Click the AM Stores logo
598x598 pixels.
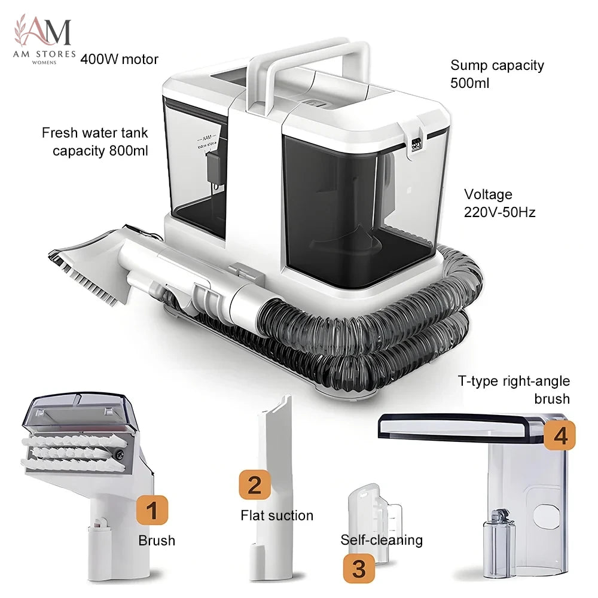(x=44, y=39)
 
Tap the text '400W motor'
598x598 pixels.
(x=119, y=59)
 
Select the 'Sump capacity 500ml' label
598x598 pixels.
(x=497, y=74)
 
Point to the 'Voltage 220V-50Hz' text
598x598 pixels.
(x=499, y=203)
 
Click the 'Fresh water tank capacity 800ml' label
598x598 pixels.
(x=94, y=142)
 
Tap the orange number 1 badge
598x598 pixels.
(x=152, y=510)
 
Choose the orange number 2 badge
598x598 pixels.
(x=255, y=485)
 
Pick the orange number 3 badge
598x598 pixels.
(x=359, y=568)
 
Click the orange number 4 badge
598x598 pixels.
(x=559, y=435)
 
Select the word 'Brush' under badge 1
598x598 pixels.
(x=157, y=541)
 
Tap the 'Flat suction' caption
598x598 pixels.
(x=277, y=515)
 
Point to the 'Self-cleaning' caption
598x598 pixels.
(x=382, y=540)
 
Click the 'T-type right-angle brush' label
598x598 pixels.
(x=514, y=389)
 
